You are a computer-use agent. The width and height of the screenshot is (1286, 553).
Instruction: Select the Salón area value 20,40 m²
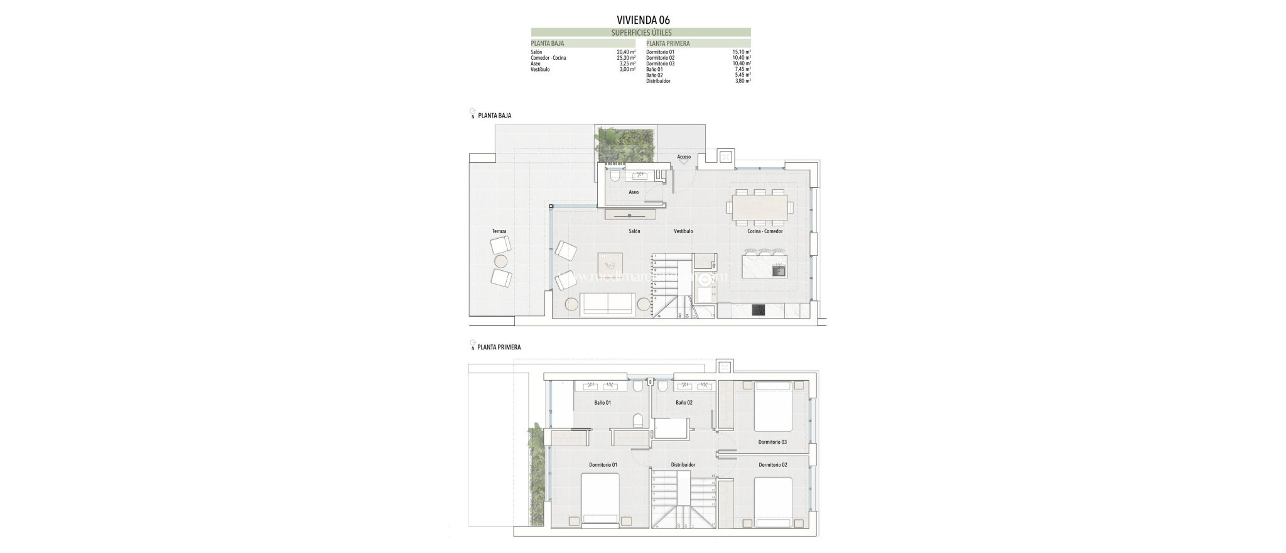click(x=626, y=52)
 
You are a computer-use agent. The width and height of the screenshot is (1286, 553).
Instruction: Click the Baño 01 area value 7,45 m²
click(x=742, y=70)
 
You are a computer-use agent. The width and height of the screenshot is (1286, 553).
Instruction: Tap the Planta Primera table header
click(x=667, y=43)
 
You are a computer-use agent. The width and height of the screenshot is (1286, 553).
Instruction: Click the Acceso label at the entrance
click(x=684, y=157)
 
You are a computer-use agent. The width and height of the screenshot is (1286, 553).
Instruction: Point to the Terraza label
click(x=499, y=231)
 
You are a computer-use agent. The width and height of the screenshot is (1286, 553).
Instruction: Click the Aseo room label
click(x=634, y=192)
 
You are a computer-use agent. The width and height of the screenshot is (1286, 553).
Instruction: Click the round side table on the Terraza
click(x=501, y=261)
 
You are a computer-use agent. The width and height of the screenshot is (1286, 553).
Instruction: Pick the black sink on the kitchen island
click(x=779, y=271)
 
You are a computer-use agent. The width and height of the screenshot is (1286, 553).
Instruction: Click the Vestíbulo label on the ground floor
click(x=683, y=231)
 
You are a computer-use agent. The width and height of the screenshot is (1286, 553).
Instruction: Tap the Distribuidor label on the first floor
click(x=683, y=465)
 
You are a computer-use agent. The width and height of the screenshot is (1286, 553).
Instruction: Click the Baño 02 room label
click(x=684, y=402)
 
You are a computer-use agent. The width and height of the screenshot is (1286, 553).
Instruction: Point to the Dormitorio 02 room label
click(x=772, y=465)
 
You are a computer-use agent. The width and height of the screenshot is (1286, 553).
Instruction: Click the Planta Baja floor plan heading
click(x=494, y=116)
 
